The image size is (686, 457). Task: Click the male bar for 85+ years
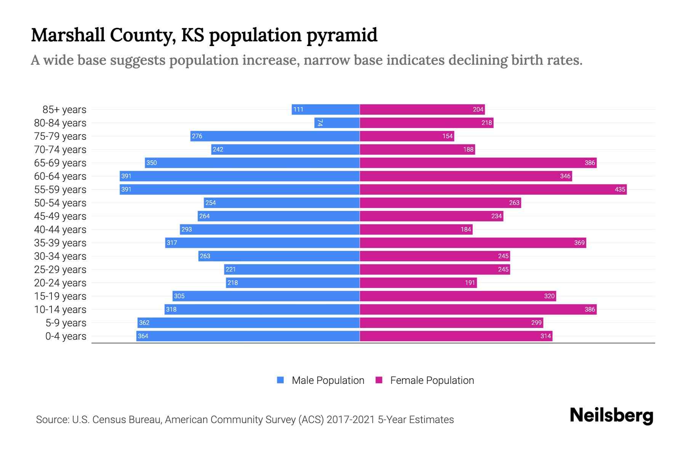point(326,109)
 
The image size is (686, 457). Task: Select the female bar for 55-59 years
point(493,189)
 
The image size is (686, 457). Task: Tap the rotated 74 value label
point(320,123)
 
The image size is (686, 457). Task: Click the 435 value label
point(620,189)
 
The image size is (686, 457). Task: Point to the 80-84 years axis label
point(60,123)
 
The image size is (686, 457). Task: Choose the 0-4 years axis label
point(66,336)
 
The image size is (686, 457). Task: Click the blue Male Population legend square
point(280,380)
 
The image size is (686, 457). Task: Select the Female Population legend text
point(432,380)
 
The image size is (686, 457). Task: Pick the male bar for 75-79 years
point(275,136)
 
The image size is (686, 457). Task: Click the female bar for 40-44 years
point(416,229)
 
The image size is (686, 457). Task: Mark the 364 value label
point(143,336)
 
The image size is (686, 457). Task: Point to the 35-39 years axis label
point(60,243)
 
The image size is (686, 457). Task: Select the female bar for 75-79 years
point(407,136)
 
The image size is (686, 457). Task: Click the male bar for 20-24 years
point(293,283)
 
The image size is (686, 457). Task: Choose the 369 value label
point(579,243)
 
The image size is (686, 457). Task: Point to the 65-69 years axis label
point(60,163)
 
